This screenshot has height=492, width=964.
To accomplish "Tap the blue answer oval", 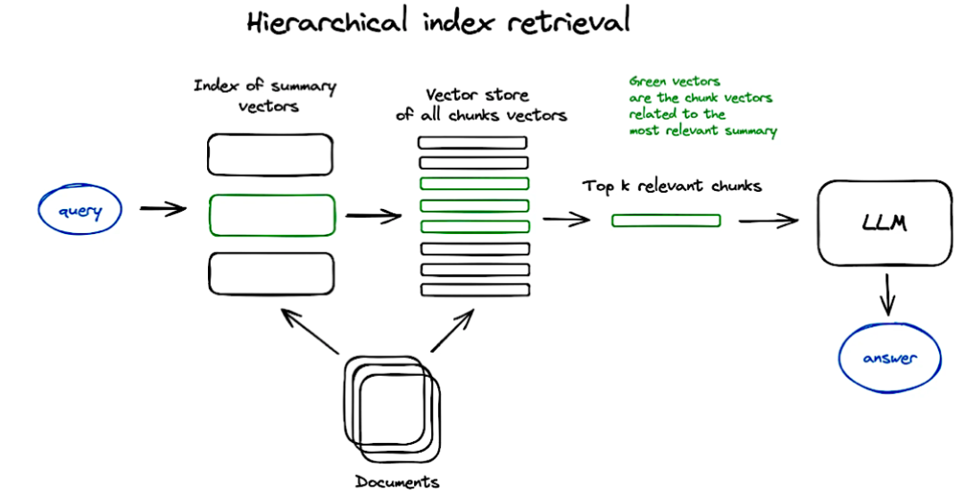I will (x=890, y=359).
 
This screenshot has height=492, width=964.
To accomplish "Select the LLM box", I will (x=885, y=222).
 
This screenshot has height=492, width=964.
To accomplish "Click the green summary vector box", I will (x=271, y=214).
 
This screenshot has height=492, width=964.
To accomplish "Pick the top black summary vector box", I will (x=270, y=154).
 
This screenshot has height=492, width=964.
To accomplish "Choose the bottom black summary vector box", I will (x=271, y=273).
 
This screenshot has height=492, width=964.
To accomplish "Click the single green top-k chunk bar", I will (x=666, y=221).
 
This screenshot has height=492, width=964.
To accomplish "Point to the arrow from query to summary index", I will (x=162, y=210).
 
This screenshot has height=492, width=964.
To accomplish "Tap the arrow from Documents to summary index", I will (x=309, y=331).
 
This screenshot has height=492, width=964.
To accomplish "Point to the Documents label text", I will (x=397, y=482).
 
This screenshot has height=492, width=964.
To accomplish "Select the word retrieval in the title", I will (x=568, y=21).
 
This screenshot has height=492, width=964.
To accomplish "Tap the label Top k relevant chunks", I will (x=672, y=187).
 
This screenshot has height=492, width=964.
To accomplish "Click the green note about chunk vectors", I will (x=702, y=105).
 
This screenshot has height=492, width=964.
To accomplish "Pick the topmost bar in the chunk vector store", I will (x=473, y=143).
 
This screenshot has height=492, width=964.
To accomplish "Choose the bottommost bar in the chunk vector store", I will (x=475, y=290).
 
